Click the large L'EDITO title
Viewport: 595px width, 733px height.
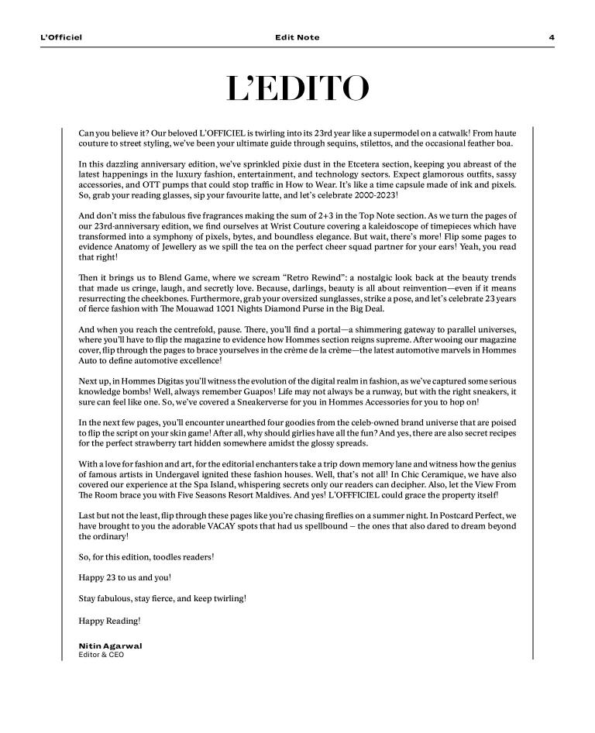click(297, 90)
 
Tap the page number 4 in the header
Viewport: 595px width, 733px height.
click(551, 37)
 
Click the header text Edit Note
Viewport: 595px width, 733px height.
click(297, 37)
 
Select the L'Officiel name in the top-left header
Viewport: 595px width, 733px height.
click(61, 37)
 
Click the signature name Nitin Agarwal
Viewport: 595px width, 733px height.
click(110, 645)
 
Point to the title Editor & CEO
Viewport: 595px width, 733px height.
click(101, 655)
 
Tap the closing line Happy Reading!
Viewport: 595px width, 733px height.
click(109, 621)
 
